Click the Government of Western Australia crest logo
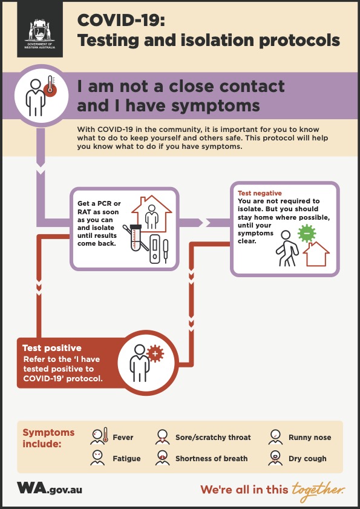click(39, 33)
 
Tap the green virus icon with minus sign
click(307, 233)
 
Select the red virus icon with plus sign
click(155, 353)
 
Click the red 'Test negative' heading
click(260, 193)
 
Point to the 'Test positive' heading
click(52, 349)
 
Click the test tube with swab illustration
click(136, 239)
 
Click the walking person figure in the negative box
click(286, 249)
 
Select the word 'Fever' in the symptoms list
click(123, 438)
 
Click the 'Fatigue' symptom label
click(126, 459)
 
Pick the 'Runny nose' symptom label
click(310, 438)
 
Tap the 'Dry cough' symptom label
click(307, 459)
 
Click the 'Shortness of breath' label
click(212, 459)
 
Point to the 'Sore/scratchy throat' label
click(213, 438)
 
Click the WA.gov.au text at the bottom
click(50, 488)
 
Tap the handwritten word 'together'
click(318, 489)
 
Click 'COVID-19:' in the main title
click(121, 21)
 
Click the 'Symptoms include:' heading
click(48, 438)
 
